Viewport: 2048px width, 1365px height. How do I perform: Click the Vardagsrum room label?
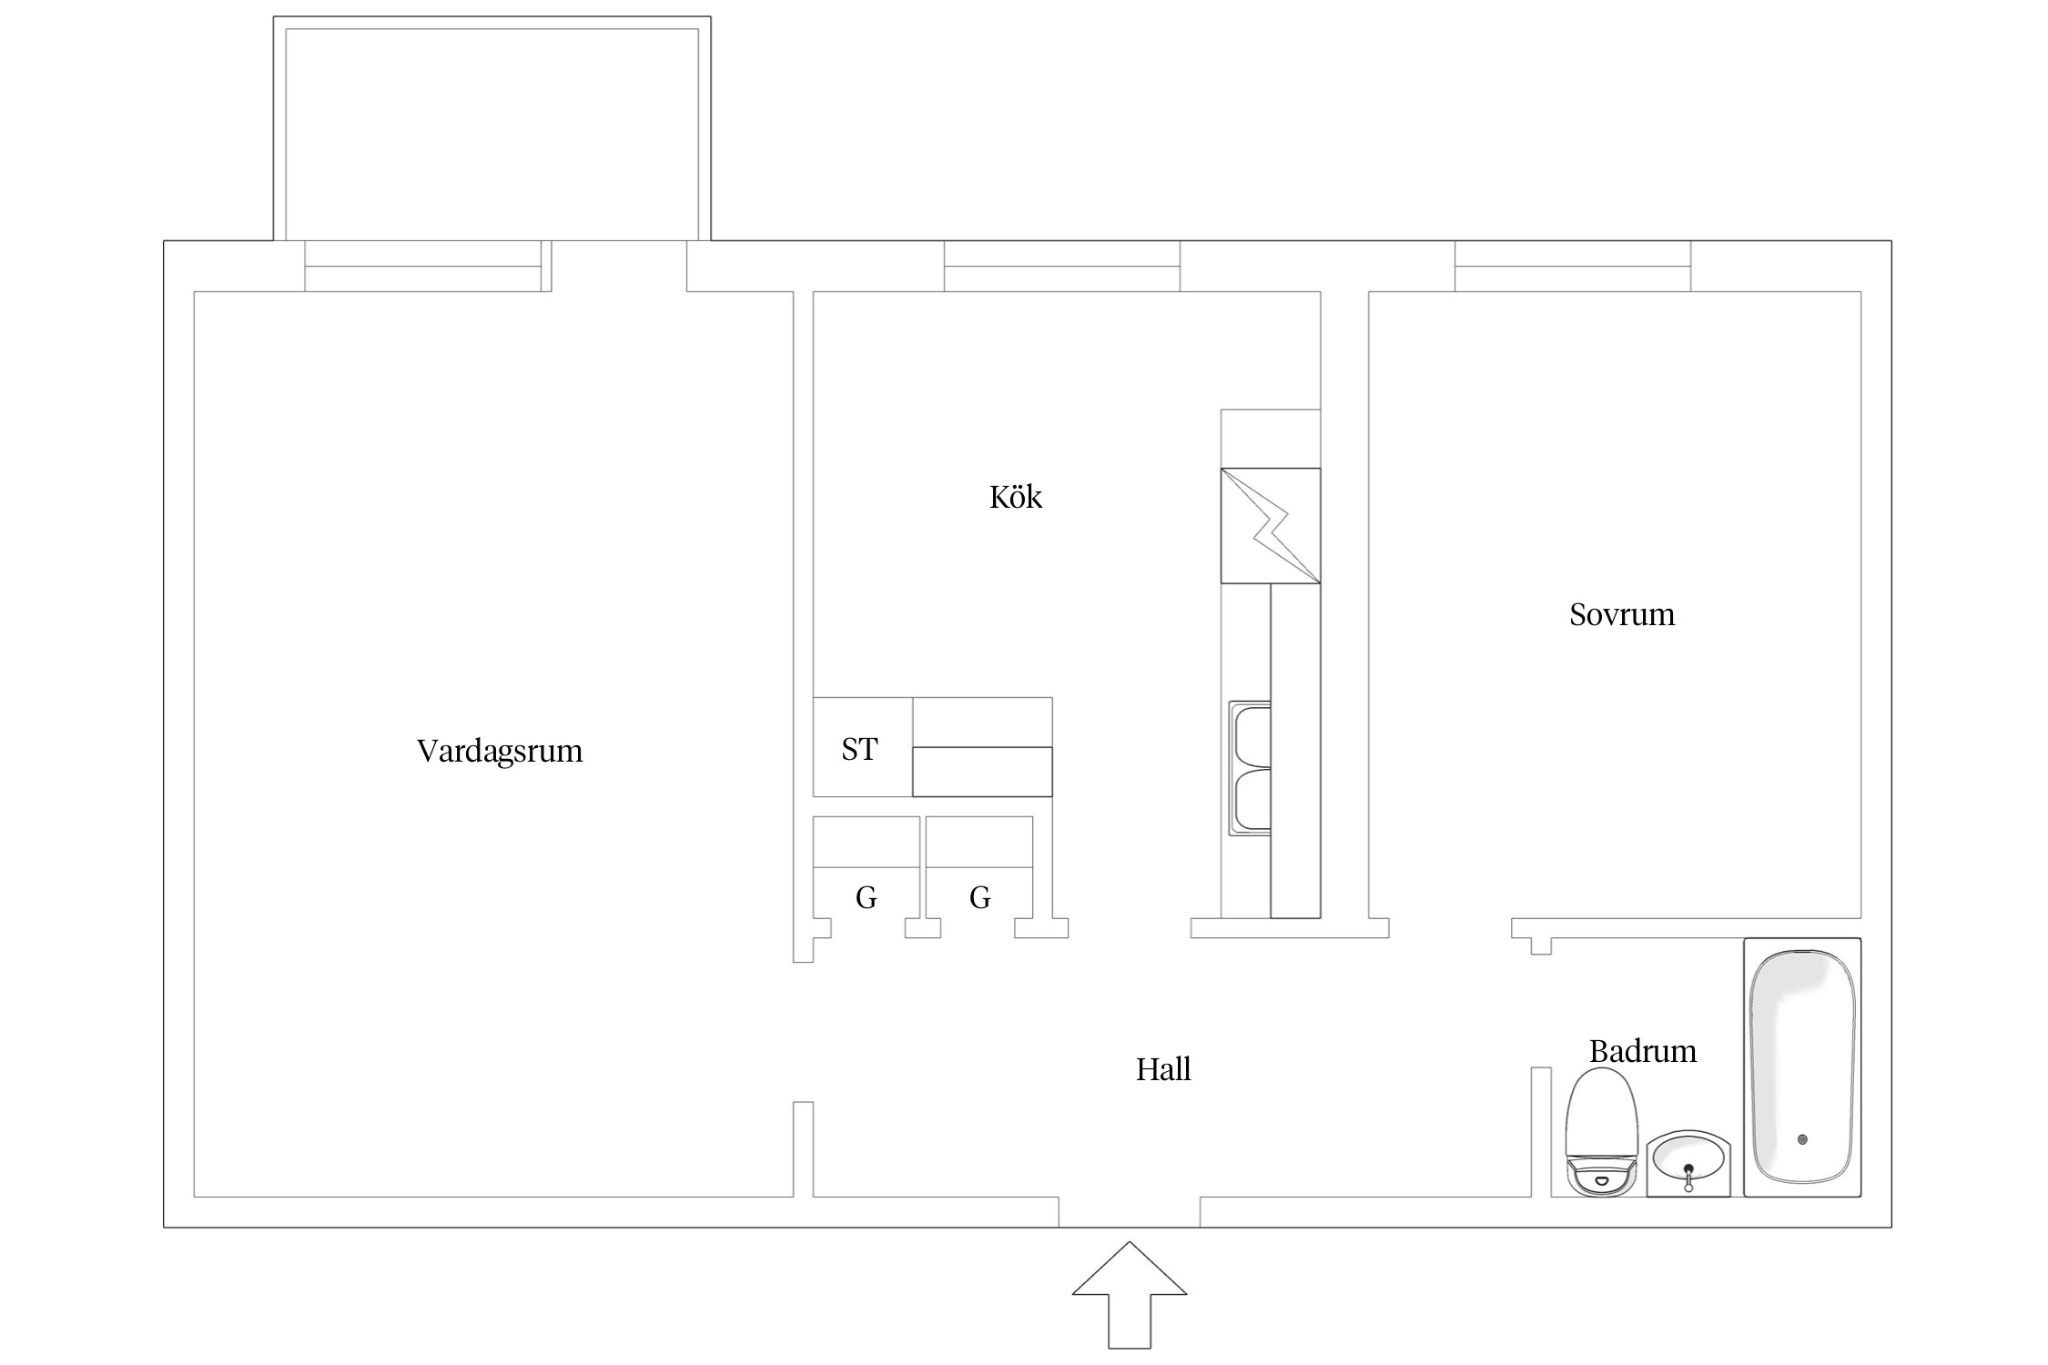[500, 752]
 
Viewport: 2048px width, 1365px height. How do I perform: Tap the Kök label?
[1015, 497]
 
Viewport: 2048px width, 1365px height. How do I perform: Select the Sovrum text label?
[1622, 615]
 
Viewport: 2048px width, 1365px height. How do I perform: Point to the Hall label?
[1163, 1069]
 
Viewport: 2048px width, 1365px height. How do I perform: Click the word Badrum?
[1643, 1052]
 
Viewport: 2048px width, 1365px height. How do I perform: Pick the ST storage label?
[859, 750]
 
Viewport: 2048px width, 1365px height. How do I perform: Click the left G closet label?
[867, 898]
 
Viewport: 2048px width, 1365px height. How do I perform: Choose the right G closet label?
[980, 898]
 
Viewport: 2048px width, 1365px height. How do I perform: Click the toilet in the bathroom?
[1601, 1131]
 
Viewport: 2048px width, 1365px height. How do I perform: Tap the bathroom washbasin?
[1688, 1163]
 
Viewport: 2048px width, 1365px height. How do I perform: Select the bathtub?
[1802, 1067]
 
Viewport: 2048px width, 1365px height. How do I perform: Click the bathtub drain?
[1802, 1139]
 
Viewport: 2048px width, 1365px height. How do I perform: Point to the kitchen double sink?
[1250, 768]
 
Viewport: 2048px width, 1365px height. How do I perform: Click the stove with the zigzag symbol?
[1271, 526]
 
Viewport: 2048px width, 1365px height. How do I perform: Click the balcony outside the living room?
[492, 128]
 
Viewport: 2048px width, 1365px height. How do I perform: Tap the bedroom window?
[1573, 267]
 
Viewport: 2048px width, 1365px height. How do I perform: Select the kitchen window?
[1062, 267]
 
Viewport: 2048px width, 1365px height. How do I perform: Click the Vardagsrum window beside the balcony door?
[423, 267]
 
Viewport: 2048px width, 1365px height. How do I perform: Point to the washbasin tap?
[1689, 1178]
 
